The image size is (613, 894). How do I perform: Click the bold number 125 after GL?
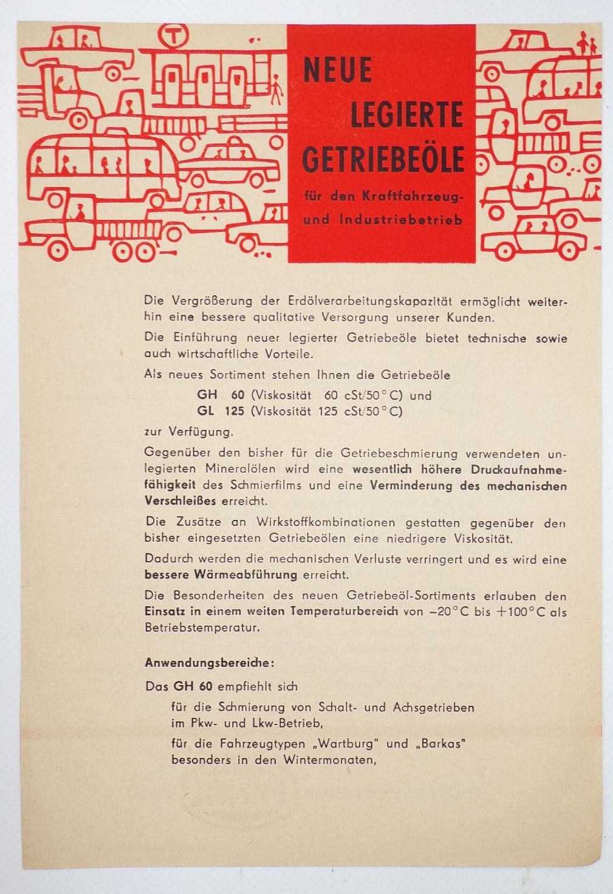pos(234,411)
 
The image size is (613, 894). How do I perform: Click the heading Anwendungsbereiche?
pos(209,663)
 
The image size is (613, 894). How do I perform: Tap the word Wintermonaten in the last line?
pos(329,759)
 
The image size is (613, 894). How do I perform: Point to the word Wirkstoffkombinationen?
pos(326,522)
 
